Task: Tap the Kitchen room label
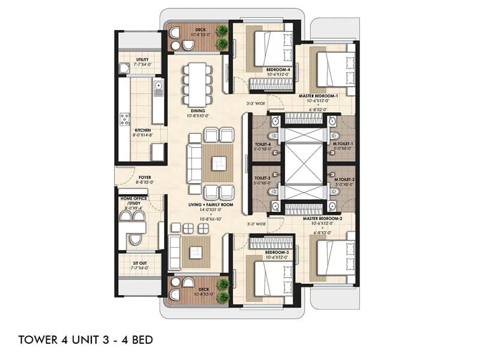click(142, 130)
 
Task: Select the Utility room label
click(142, 60)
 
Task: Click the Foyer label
click(145, 178)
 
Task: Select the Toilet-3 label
click(263, 178)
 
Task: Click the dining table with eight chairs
click(198, 82)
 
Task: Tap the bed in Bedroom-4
click(267, 47)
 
